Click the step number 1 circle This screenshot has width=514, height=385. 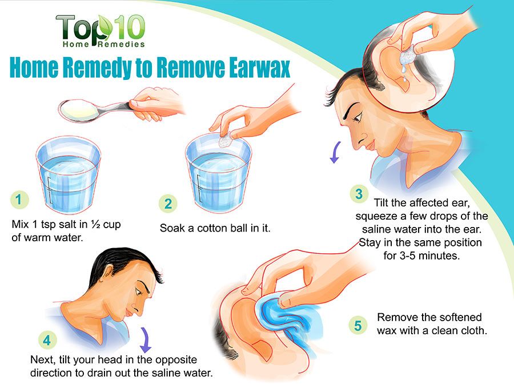coord(19,200)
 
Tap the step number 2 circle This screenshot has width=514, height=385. coord(168,204)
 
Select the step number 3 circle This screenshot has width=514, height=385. coord(359,194)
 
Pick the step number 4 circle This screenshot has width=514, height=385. coord(47,340)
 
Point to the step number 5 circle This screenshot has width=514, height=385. coord(358,325)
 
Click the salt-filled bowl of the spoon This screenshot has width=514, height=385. coord(79,110)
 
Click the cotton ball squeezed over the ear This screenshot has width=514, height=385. coord(407,56)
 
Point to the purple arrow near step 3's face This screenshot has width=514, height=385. coord(336,152)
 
